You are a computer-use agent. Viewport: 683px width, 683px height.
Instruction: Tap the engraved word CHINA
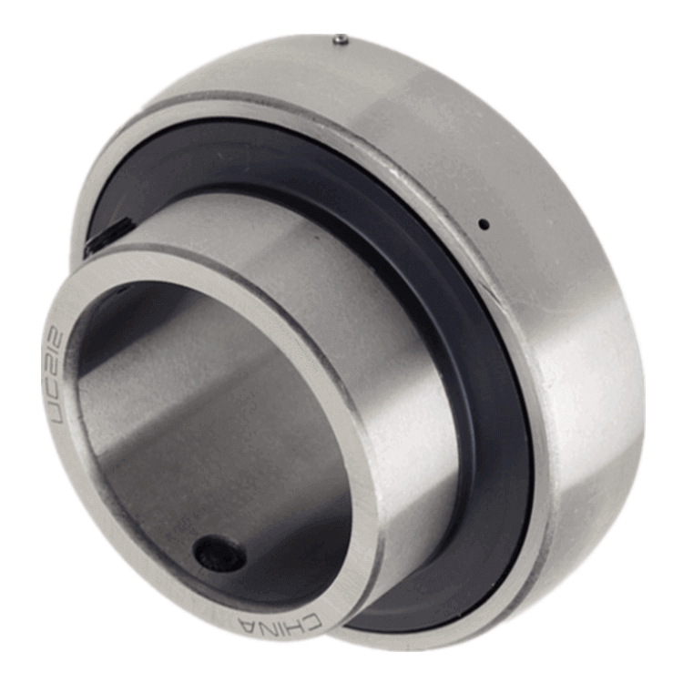click(x=280, y=623)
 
